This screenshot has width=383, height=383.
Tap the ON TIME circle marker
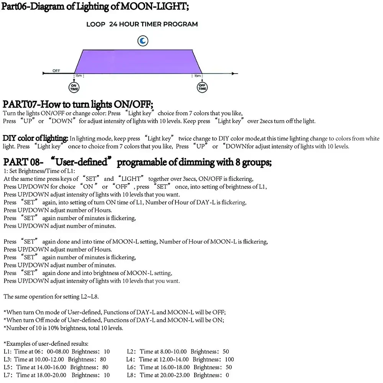click(x=74, y=87)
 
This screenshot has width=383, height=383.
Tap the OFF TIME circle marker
click(x=202, y=87)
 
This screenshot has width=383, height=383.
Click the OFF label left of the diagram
click(x=56, y=70)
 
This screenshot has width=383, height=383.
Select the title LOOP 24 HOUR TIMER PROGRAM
click(x=142, y=24)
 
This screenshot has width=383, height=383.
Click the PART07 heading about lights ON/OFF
click(x=78, y=104)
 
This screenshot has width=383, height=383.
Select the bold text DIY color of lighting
click(x=35, y=138)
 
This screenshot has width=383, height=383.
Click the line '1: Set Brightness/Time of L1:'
click(x=39, y=171)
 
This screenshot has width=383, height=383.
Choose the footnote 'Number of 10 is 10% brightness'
click(x=63, y=328)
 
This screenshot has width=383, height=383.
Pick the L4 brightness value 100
click(x=229, y=359)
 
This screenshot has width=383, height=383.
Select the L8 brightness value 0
click(x=228, y=375)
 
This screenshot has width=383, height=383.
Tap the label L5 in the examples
click(x=7, y=367)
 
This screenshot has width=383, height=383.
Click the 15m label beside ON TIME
click(x=79, y=76)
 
